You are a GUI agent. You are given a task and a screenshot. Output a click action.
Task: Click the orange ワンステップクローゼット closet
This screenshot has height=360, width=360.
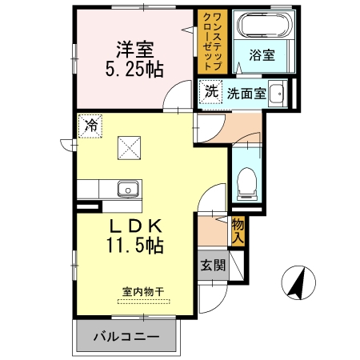[x=214, y=41]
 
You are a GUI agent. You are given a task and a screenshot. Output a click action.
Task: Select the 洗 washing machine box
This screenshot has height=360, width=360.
[x=210, y=91]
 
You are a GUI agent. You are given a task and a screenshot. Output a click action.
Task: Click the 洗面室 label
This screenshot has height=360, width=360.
[x=246, y=92]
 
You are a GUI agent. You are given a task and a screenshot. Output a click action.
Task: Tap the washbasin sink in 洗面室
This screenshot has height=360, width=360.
[x=276, y=93]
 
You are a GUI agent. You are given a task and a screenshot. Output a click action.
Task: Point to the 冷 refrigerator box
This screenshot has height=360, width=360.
[x=90, y=126]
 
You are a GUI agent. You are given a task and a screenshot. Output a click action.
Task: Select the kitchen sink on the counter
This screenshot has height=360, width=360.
[x=127, y=190]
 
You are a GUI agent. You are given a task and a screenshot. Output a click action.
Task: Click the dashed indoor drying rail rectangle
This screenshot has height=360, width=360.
[x=143, y=301]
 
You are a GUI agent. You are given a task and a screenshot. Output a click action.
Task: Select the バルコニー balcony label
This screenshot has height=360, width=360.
[x=124, y=336]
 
